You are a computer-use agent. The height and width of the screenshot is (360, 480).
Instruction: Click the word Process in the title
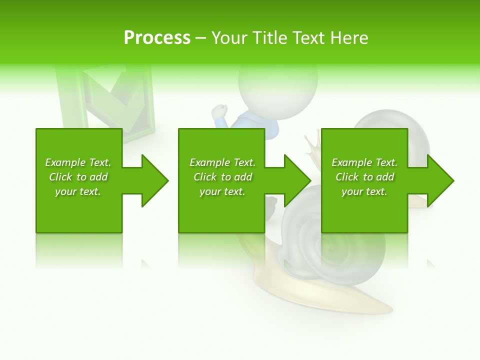coord(157,38)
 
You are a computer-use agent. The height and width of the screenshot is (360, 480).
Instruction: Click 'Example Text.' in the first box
coord(78,162)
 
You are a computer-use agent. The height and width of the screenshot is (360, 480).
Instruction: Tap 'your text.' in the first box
coord(78,191)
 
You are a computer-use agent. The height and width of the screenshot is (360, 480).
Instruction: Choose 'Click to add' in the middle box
coord(222,177)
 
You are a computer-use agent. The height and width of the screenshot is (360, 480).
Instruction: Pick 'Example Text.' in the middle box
coord(222,162)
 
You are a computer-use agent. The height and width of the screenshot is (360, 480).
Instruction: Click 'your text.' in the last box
coord(364,191)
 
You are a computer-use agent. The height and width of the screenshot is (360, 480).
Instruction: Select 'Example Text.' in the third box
coord(364,162)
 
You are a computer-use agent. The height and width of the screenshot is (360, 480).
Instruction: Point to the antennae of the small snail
coord(312,142)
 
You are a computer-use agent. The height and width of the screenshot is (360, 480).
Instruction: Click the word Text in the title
coord(308,38)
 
